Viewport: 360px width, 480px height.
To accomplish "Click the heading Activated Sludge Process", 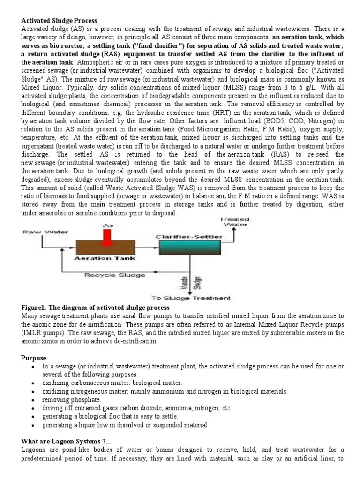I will click(x=59, y=21).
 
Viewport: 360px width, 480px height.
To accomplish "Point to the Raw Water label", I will click(x=42, y=232).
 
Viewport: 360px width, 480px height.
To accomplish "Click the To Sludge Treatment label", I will click(x=190, y=297).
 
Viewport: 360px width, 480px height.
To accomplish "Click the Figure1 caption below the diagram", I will click(x=96, y=307).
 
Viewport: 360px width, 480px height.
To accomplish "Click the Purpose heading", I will click(x=34, y=358).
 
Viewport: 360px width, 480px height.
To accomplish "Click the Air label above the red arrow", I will click(x=108, y=225).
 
